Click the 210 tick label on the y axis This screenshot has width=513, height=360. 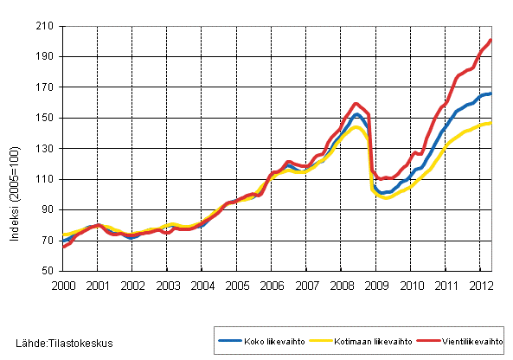point(48,26)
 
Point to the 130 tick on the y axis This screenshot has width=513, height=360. point(48,149)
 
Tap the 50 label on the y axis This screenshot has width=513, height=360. point(50,271)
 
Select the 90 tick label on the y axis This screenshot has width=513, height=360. point(50,209)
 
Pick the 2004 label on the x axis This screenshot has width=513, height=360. point(202,285)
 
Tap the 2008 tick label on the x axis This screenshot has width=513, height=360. point(342,285)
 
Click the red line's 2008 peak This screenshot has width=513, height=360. point(356,104)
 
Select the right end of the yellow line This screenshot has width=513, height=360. point(491,123)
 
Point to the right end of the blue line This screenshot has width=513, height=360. point(491,93)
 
